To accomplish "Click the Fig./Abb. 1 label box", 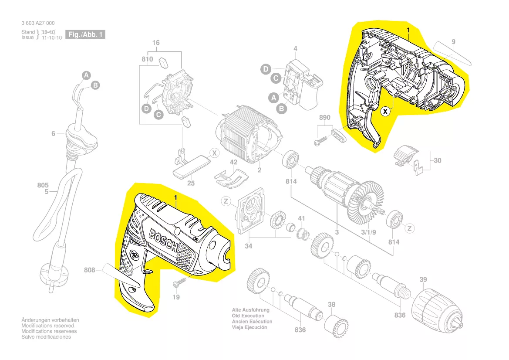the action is tap(85, 34).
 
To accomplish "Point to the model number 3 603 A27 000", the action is tap(38, 23).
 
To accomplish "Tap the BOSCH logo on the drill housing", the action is tap(164, 241).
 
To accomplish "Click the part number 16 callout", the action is tap(156, 43).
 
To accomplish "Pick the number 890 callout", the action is tap(325, 118).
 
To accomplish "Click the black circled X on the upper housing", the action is tap(385, 112).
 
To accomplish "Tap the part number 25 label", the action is tap(191, 183).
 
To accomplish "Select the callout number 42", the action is tap(234, 162).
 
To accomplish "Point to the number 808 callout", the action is tap(90, 270).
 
